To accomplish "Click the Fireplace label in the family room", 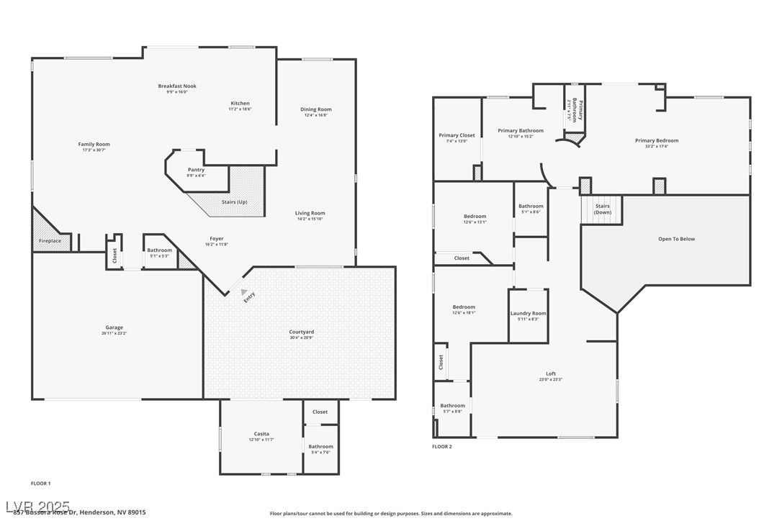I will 50,240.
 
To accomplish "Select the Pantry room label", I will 196,170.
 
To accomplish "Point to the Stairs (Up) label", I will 234,202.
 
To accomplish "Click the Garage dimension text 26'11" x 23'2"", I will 114,333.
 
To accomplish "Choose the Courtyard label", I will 301,332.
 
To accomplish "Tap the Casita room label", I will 261,434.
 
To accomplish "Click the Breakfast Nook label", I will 177,86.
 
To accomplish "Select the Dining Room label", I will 316,109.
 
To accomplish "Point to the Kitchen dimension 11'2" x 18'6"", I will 240,109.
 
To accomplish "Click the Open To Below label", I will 677,239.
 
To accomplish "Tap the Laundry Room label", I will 529,313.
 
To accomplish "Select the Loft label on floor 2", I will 551,373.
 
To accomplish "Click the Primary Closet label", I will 457,135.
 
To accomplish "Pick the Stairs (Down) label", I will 603,209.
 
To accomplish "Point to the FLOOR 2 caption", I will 442,447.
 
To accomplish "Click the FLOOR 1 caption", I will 41,484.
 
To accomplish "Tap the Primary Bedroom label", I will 656,140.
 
